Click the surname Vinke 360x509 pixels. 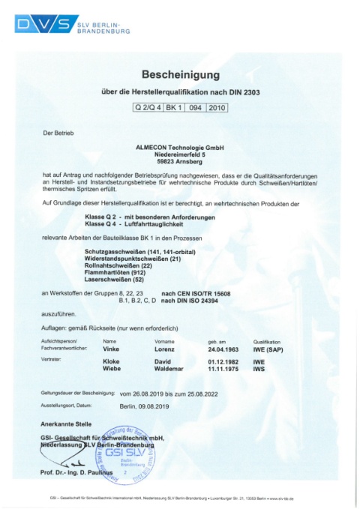point(109,349)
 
